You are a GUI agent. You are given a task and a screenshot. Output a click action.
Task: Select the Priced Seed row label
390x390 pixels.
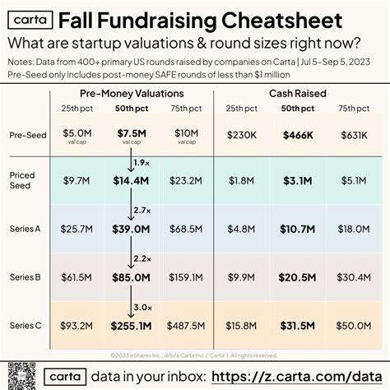point(22,179)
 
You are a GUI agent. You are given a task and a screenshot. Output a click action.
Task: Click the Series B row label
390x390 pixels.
point(23,278)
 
